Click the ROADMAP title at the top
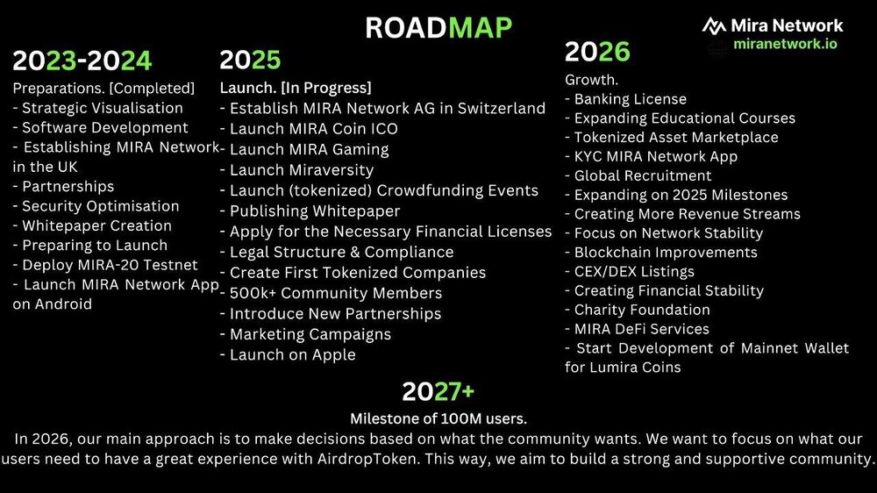pyautogui.click(x=438, y=28)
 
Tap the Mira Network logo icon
pyautogui.click(x=714, y=25)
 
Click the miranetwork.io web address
pyautogui.click(x=785, y=44)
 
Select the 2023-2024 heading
pyautogui.click(x=82, y=61)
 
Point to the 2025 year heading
pyautogui.click(x=250, y=60)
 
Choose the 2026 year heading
pyautogui.click(x=597, y=52)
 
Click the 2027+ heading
pyautogui.click(x=438, y=392)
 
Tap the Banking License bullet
pyautogui.click(x=626, y=99)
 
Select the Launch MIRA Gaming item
pyautogui.click(x=304, y=149)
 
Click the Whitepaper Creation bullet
pyautogui.click(x=92, y=225)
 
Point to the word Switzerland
pyautogui.click(x=501, y=108)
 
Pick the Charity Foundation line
pyautogui.click(x=637, y=310)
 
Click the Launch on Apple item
pyautogui.click(x=288, y=354)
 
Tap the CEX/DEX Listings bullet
pyautogui.click(x=629, y=271)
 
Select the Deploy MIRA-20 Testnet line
pyautogui.click(x=105, y=265)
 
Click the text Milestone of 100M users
pyautogui.click(x=438, y=418)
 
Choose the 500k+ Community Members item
pyautogui.click(x=332, y=293)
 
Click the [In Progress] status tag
pyautogui.click(x=325, y=88)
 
